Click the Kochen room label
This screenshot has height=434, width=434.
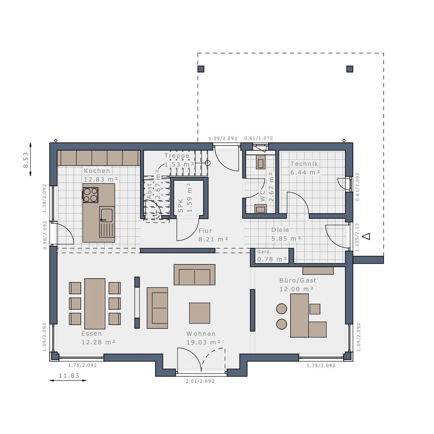(x=97, y=171)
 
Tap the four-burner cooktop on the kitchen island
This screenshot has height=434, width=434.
(x=90, y=195)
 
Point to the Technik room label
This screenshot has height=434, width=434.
(x=304, y=164)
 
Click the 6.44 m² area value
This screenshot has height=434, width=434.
(x=305, y=173)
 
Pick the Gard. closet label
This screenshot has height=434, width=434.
(x=264, y=252)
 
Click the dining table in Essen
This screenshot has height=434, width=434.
(x=95, y=303)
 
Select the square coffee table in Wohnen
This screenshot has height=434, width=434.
(x=200, y=313)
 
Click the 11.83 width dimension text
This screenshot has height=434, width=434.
(x=69, y=376)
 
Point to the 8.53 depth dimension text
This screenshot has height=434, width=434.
(x=26, y=160)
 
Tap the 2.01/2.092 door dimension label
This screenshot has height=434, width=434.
(x=200, y=381)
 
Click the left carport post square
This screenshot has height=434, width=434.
(x=201, y=69)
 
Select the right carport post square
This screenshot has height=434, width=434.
(x=350, y=69)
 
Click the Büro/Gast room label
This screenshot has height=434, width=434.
(x=298, y=281)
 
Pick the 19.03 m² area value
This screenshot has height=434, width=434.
(x=203, y=342)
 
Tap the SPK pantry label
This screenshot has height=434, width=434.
(x=181, y=206)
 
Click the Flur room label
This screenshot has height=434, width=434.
(x=205, y=231)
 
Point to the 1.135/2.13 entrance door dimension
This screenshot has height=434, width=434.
(x=357, y=237)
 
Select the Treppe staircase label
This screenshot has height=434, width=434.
(x=177, y=156)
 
